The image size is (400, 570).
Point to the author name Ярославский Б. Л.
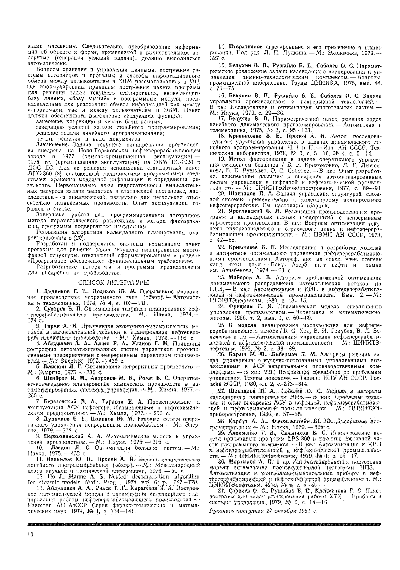pos(254,211)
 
